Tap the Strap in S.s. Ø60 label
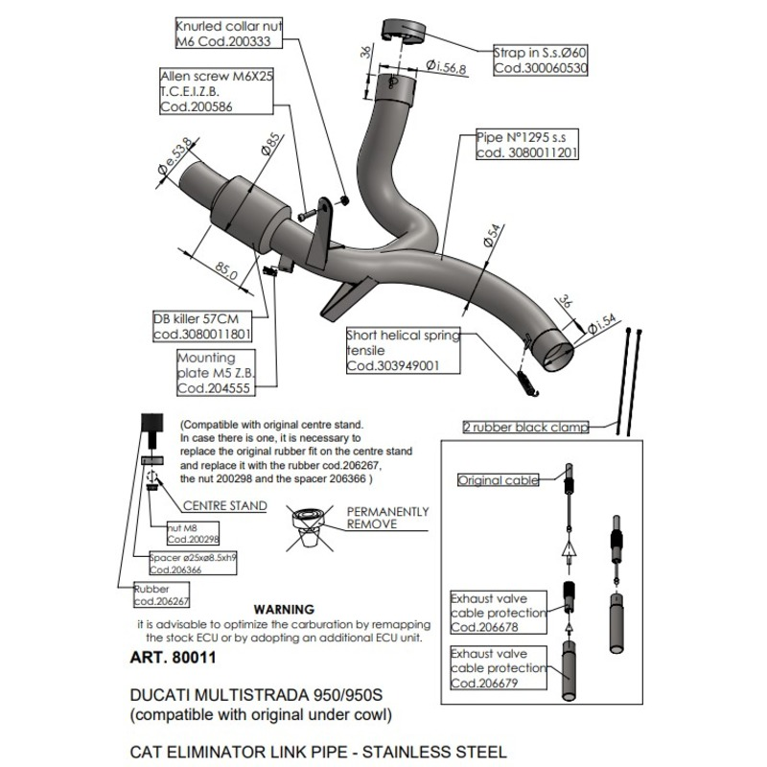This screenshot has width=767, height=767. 540,59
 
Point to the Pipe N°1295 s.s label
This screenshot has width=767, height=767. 526,145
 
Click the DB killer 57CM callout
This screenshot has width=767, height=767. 202,327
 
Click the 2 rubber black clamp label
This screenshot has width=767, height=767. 525,428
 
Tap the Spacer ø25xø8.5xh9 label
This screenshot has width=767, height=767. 194,563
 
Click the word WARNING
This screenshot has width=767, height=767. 282,609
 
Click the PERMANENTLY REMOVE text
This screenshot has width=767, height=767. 387,519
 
